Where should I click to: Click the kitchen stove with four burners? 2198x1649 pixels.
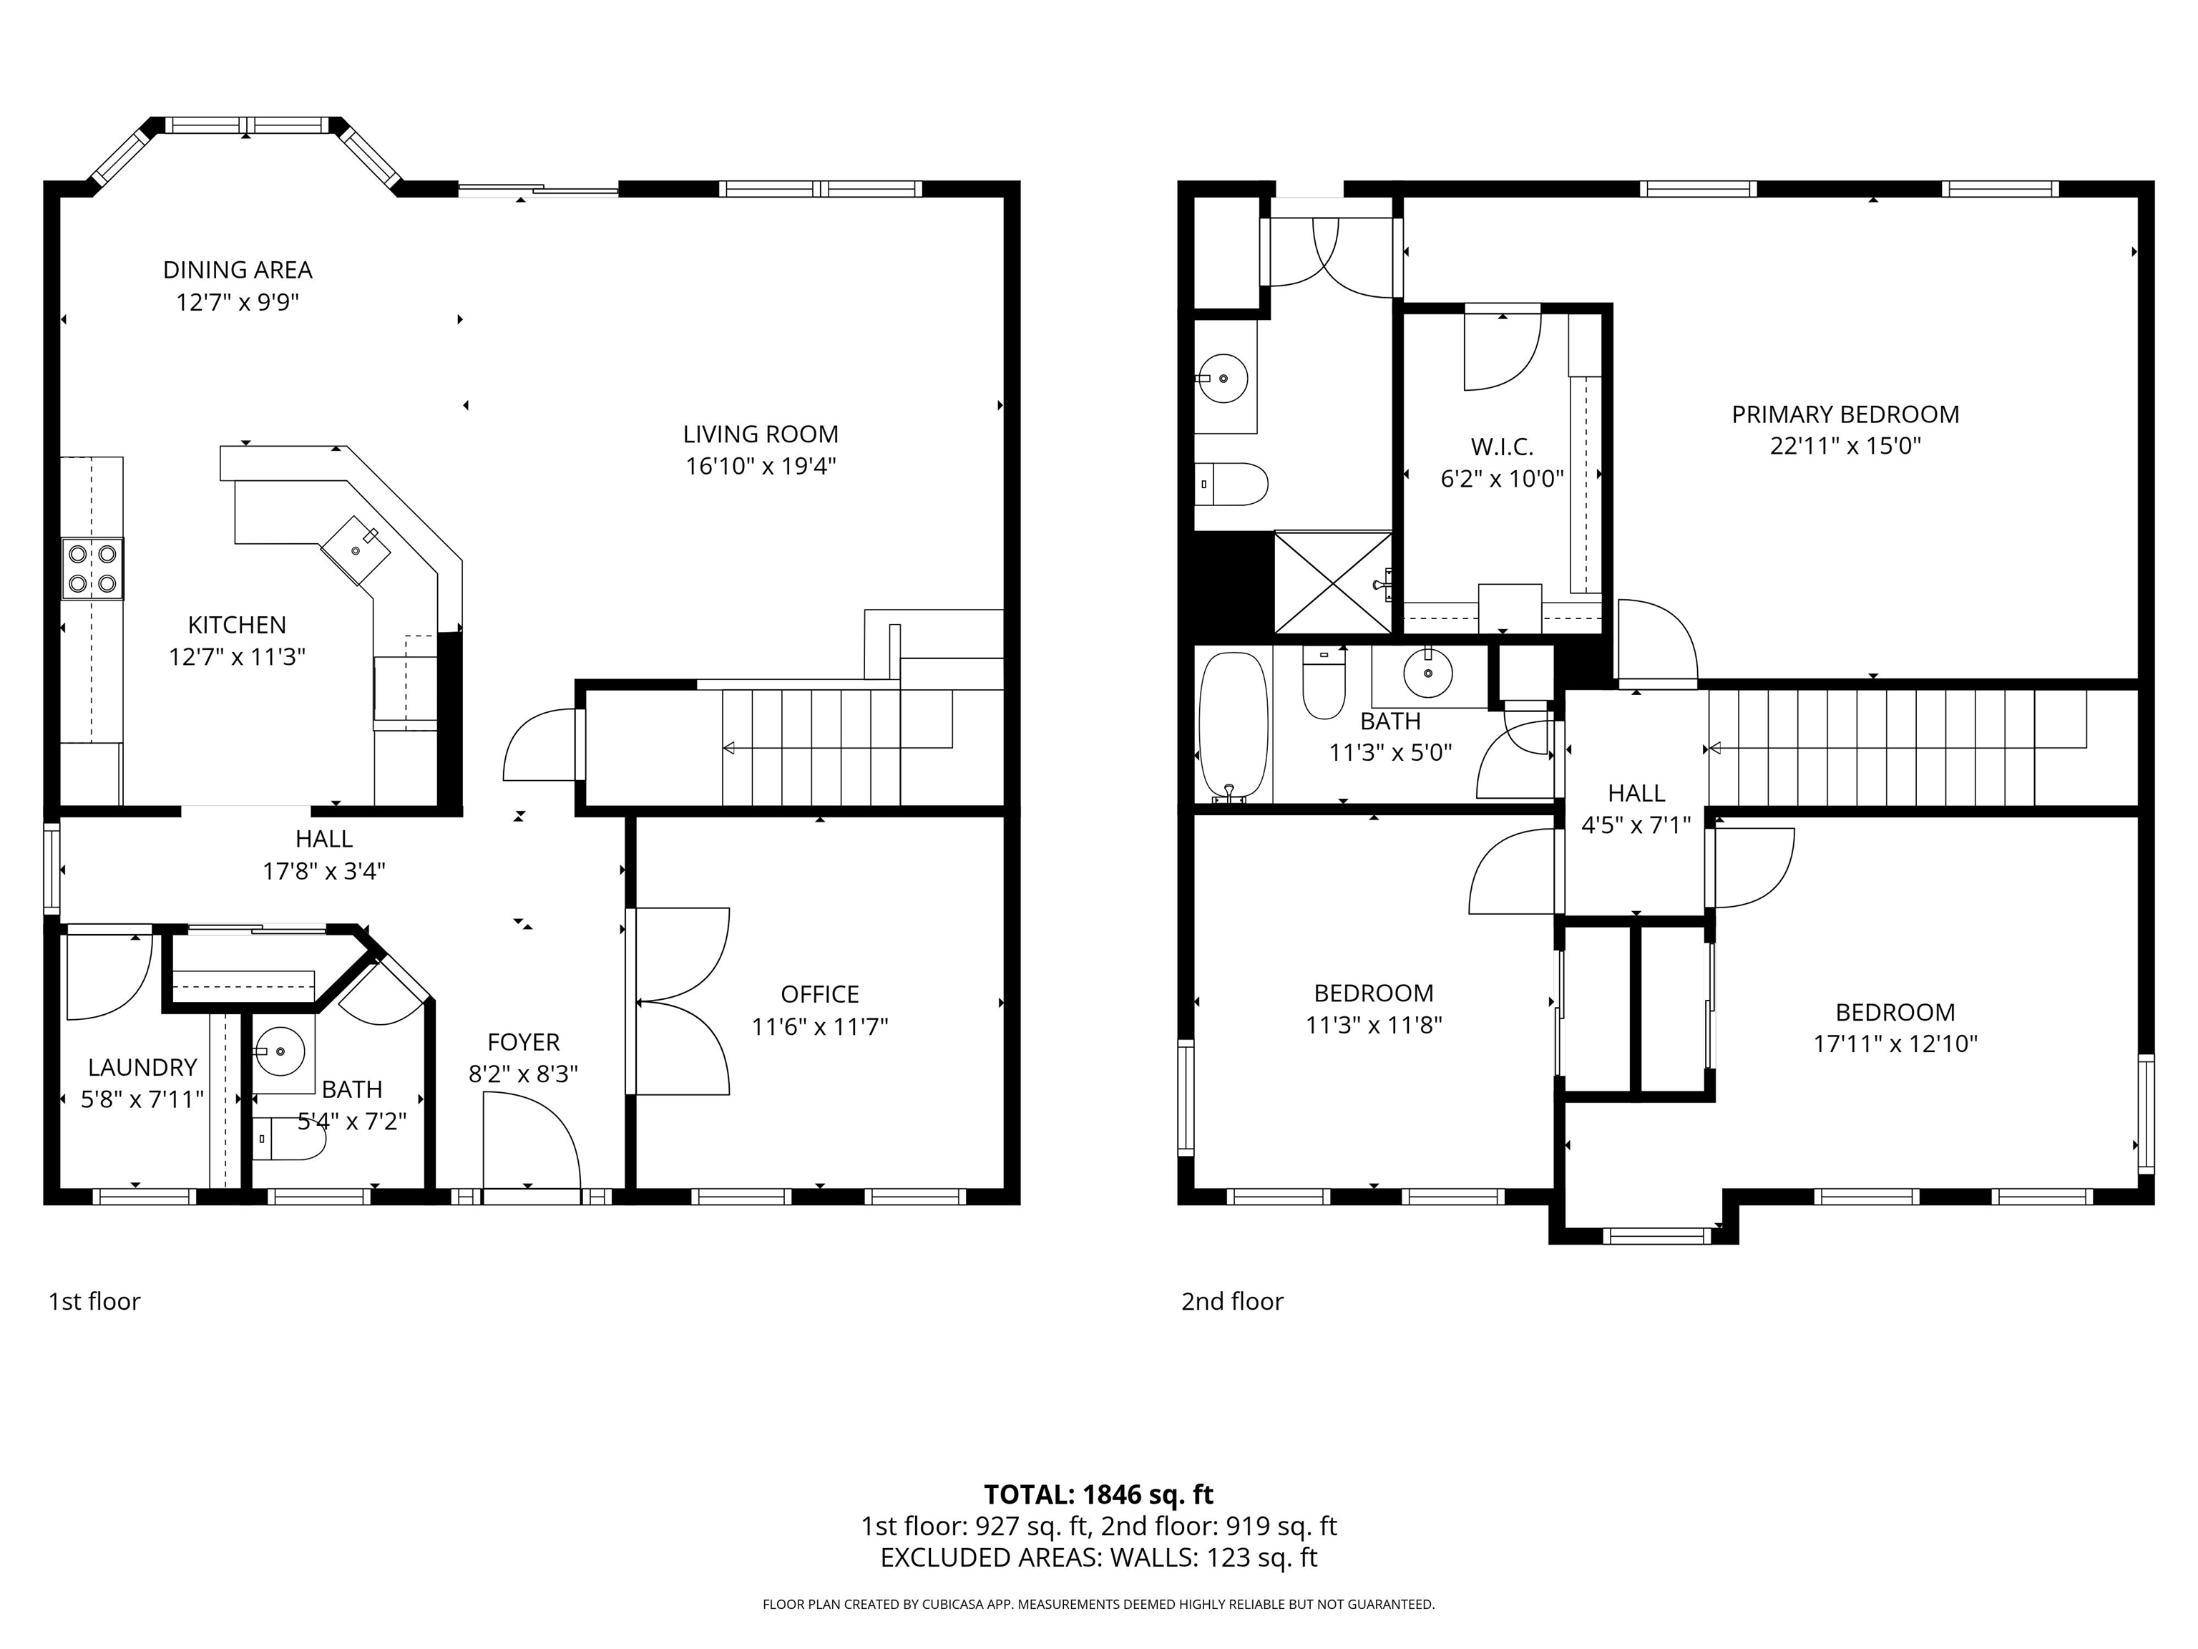(x=92, y=568)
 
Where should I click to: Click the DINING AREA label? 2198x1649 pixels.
(x=238, y=269)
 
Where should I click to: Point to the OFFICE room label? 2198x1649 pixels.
(x=820, y=994)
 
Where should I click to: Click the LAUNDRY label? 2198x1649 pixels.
(x=142, y=1068)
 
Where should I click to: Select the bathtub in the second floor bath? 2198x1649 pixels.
(x=1234, y=726)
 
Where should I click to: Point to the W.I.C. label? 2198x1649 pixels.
(x=1501, y=447)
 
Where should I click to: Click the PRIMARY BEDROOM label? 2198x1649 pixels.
(x=1845, y=414)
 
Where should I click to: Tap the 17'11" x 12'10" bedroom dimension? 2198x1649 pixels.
(x=1895, y=1044)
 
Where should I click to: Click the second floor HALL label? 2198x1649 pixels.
(x=1636, y=793)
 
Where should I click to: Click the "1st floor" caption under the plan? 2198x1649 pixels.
(x=94, y=1301)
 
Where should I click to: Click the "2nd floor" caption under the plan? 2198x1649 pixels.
(x=1232, y=1301)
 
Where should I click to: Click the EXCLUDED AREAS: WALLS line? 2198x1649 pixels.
(x=1098, y=1557)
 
